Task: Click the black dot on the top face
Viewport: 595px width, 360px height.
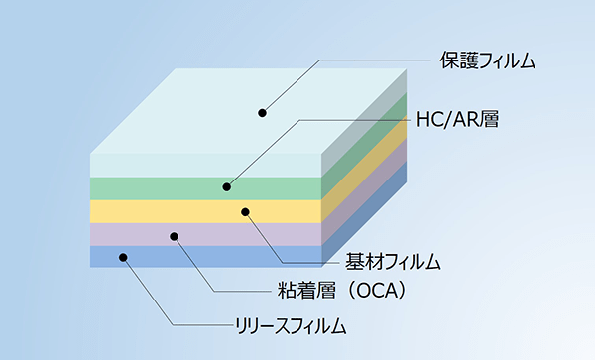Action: pos(263,112)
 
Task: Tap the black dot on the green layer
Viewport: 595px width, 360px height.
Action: pos(227,186)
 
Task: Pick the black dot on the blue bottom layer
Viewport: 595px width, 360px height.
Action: pos(124,257)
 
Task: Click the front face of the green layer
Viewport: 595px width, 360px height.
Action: pos(149,188)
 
